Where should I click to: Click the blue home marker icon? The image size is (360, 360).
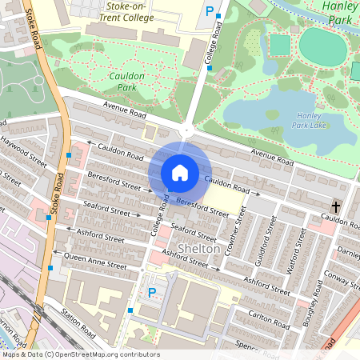point(179,172)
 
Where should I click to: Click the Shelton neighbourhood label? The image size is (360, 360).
point(198,248)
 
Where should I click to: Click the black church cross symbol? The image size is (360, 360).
point(336,207)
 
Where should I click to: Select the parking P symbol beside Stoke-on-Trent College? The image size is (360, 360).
point(210,12)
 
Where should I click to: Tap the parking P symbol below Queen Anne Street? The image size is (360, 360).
point(151,293)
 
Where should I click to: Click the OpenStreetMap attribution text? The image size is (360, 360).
point(80,354)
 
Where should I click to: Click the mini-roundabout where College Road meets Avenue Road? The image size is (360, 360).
point(186,130)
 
